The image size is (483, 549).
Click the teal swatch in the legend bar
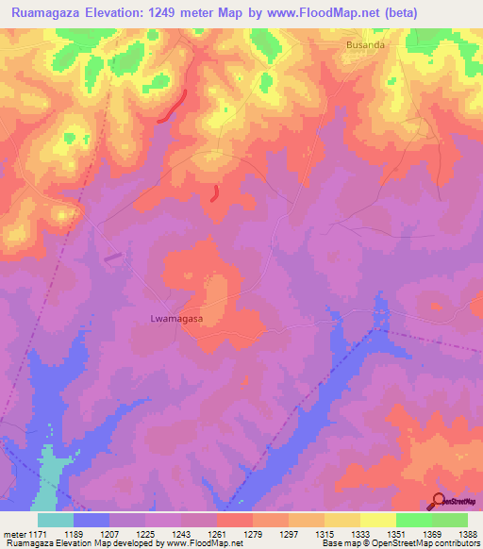(56, 520)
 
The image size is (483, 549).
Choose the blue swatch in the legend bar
(92, 520)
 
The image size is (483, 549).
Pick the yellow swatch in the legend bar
(377, 520)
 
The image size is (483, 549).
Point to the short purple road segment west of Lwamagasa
(112, 256)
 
